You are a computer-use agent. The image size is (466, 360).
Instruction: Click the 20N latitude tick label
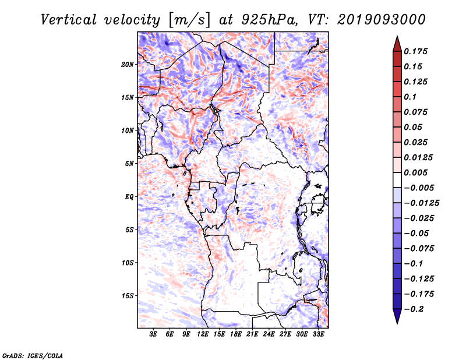pos(127,65)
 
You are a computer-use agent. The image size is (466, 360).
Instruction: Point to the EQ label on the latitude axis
pos(129,197)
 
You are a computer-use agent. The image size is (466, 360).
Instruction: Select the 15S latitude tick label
pos(127,296)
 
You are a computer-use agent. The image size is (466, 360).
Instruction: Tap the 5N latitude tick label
pos(129,164)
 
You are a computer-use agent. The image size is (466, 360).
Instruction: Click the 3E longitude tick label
pos(153,334)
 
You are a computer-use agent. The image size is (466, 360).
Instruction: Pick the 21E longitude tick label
pos(252,334)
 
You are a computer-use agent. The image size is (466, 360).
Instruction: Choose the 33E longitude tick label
pos(318,334)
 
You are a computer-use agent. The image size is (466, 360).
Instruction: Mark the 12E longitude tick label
pos(202,334)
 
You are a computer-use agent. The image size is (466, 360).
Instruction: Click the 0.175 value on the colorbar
pos(415,51)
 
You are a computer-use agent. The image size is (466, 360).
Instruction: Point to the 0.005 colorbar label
pos(415,172)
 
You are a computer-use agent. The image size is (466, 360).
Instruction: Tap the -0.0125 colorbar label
pos(422,203)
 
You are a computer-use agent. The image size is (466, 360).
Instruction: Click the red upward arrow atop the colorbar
pos(397,45)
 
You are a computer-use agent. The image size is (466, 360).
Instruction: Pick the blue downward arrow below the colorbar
pos(397,316)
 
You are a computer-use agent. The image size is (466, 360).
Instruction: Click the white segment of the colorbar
pos(397,180)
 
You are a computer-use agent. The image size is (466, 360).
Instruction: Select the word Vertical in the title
pos(68,20)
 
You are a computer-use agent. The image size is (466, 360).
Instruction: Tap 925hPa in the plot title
pos(269,20)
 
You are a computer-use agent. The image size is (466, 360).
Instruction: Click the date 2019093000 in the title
pos(382,20)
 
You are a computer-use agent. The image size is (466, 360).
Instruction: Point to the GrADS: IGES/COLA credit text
pos(33,355)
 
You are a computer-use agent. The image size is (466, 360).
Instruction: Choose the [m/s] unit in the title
pos(189,20)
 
